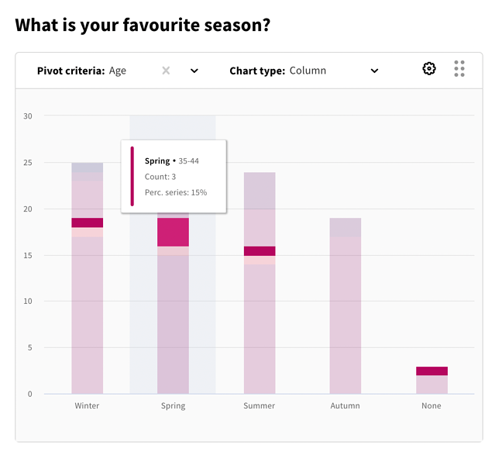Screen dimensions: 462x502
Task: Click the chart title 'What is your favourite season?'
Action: tap(143, 25)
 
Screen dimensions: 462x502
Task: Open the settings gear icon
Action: tap(429, 69)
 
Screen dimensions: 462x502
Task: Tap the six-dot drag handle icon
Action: tap(459, 69)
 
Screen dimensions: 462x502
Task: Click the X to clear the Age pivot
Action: tap(166, 71)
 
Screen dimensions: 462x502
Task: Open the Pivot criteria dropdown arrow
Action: tap(194, 71)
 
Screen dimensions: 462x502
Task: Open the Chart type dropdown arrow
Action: tap(374, 71)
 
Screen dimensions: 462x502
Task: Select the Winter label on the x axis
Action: tap(87, 405)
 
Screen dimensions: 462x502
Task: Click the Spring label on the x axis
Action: tap(173, 405)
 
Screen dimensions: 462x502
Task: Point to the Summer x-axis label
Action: tap(260, 405)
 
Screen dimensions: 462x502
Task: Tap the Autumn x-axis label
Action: tap(345, 405)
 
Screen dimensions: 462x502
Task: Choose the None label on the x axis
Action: tap(432, 405)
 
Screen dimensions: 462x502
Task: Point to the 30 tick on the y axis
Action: tap(28, 116)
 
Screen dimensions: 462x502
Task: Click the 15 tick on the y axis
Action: tap(28, 255)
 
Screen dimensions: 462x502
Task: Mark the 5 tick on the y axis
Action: tap(30, 347)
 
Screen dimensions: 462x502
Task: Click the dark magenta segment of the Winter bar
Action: tap(88, 222)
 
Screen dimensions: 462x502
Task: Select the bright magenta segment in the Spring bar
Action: tap(173, 232)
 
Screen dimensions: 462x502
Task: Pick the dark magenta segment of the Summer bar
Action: tap(260, 250)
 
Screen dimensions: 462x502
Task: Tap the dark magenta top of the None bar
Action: tap(432, 371)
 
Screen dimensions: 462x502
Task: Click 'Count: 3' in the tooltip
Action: tap(160, 177)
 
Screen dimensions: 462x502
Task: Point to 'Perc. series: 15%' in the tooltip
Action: tap(176, 192)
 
